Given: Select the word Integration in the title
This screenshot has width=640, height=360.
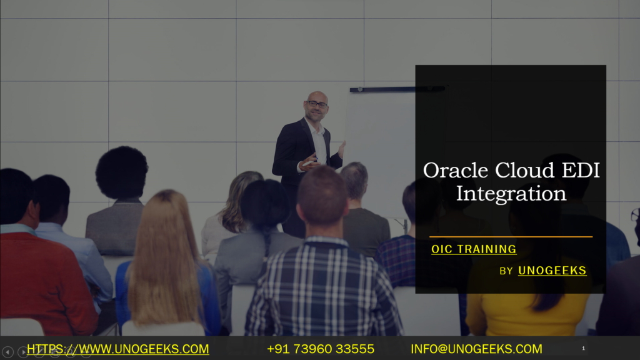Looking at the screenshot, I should pyautogui.click(x=511, y=193).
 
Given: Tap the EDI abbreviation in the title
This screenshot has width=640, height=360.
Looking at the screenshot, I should pyautogui.click(x=580, y=170).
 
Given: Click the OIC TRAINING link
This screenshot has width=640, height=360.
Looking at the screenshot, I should pyautogui.click(x=474, y=249).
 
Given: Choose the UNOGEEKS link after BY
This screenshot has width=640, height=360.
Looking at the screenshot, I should pyautogui.click(x=552, y=270).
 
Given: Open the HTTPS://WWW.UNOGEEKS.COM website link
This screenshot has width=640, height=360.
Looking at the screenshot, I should pyautogui.click(x=117, y=349).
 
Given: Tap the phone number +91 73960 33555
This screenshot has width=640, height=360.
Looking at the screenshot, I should pyautogui.click(x=320, y=349).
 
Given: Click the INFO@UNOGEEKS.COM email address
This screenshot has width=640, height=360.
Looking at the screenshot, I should pyautogui.click(x=476, y=349).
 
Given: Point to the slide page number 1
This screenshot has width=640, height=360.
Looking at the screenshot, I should pyautogui.click(x=583, y=348).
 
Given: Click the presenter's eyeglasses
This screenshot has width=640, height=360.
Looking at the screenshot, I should pyautogui.click(x=317, y=104).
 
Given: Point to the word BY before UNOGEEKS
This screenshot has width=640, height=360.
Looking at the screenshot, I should pyautogui.click(x=506, y=271).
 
